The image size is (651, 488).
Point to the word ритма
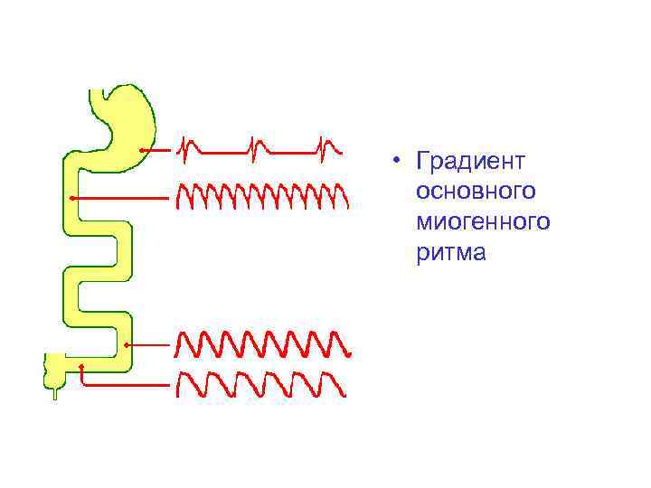451,253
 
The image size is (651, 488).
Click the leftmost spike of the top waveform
185,147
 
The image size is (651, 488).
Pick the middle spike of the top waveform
258,147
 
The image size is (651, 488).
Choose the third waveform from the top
262,343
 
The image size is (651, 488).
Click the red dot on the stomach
142,149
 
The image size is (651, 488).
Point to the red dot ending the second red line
71,196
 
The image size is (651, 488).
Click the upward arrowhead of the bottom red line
81,366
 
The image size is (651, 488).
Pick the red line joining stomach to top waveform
158,149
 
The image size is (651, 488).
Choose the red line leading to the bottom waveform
127,384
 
